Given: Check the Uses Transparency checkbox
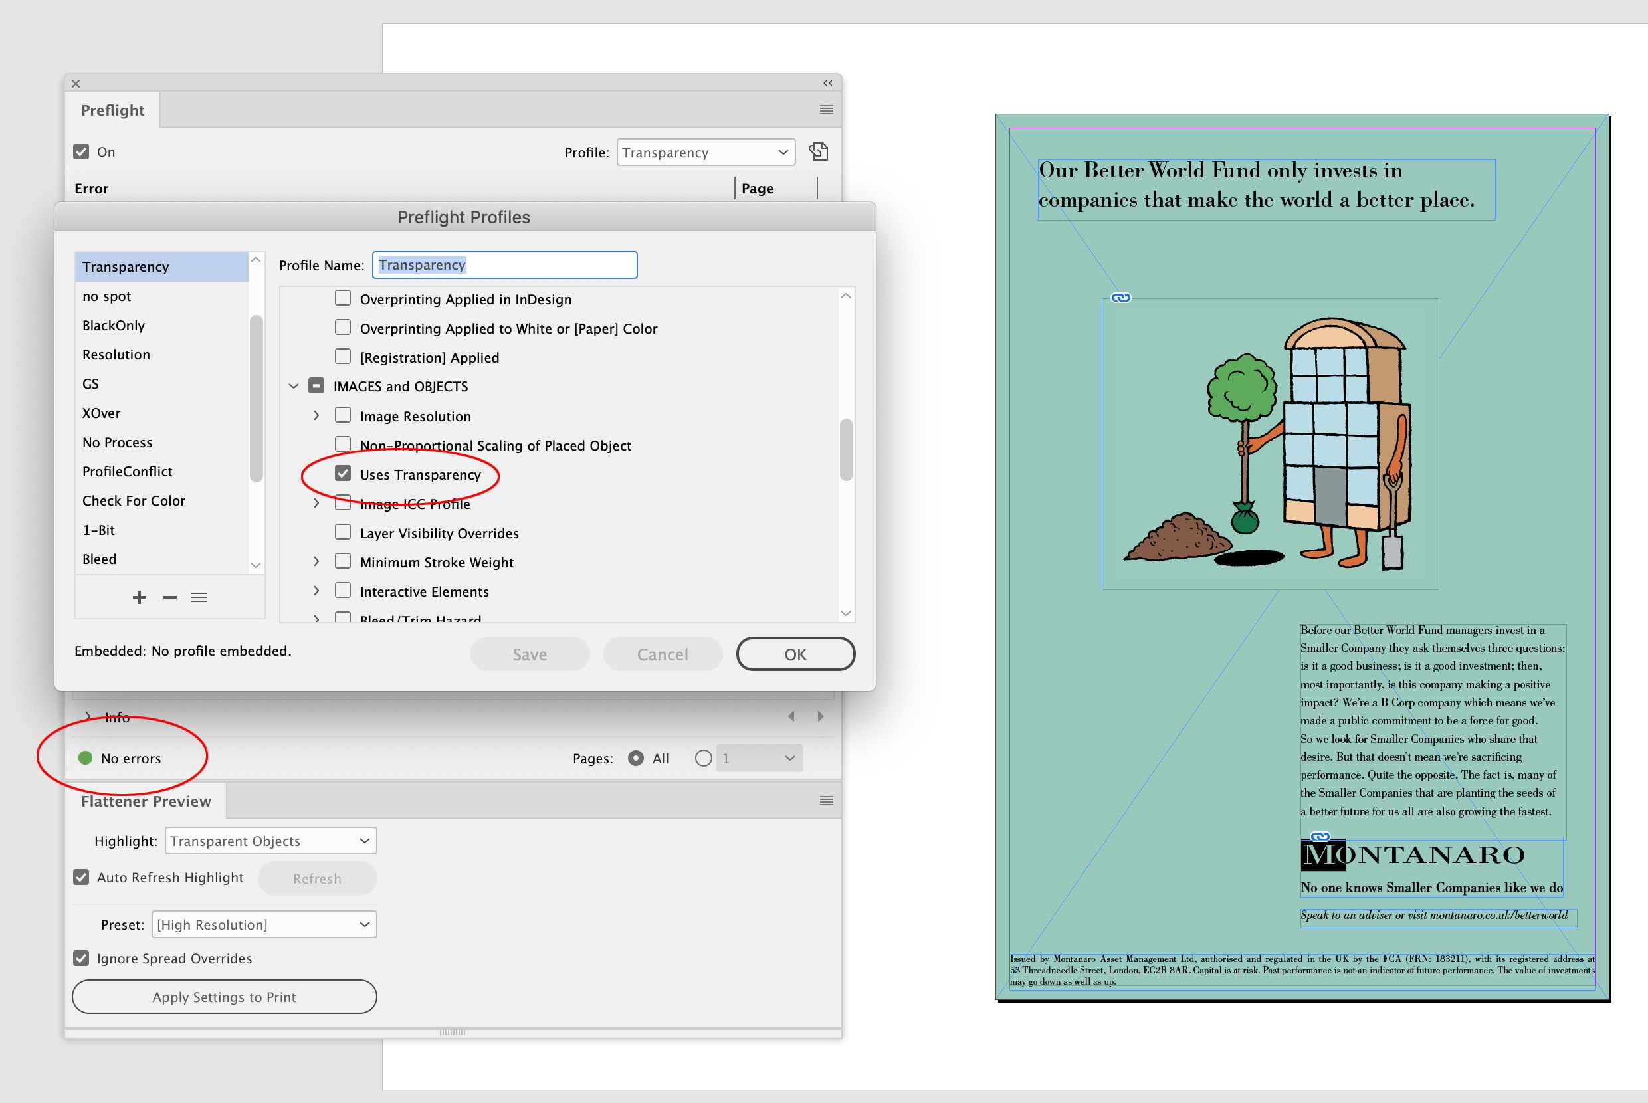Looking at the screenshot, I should pos(342,474).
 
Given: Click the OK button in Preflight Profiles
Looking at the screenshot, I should pos(795,654).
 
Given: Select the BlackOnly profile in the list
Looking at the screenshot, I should pos(113,325).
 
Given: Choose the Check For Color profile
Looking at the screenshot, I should pos(134,501).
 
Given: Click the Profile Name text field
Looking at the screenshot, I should pos(504,265).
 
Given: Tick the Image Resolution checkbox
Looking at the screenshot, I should pos(342,416).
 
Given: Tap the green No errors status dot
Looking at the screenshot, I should pos(86,757).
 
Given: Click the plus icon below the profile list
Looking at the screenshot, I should pos(140,597).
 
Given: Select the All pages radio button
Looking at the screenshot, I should pos(636,758).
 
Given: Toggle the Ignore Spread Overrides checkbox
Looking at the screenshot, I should pos(82,958).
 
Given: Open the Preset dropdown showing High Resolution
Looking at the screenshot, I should pos(264,924).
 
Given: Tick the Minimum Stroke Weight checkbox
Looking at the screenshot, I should pos(342,562).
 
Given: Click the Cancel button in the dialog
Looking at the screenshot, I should pos(662,654).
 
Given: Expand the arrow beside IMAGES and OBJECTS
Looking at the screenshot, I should pos(294,386).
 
